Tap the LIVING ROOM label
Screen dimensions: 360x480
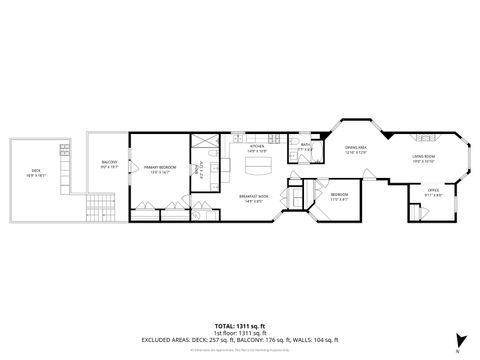[x=424, y=157]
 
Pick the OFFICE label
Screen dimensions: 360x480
[x=433, y=191]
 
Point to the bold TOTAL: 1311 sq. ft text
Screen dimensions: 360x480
[x=240, y=325]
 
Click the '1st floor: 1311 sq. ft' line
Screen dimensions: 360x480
[x=240, y=332]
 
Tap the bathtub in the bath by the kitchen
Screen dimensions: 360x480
[x=297, y=154]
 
